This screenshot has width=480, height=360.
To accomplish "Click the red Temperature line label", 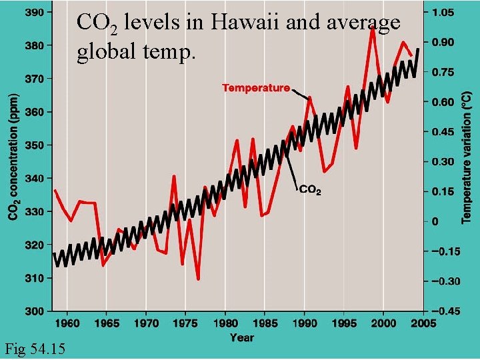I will click(x=256, y=87).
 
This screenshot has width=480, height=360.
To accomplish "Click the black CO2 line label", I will click(x=311, y=190).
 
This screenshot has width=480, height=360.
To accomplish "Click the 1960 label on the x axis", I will click(x=67, y=323).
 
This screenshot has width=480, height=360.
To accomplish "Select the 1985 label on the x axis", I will click(x=265, y=323).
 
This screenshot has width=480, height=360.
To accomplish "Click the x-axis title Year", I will click(x=241, y=338).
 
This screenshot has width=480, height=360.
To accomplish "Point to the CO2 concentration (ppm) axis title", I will click(x=13, y=155).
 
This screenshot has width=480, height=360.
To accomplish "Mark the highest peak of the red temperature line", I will click(x=372, y=28).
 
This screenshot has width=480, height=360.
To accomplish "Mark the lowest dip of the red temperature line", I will click(x=198, y=279).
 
